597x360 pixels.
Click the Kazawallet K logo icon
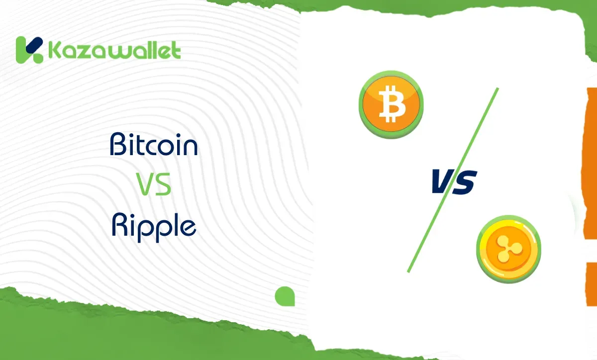[x=29, y=50]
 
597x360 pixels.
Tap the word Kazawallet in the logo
[x=114, y=50]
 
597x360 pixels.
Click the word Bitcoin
[x=154, y=145]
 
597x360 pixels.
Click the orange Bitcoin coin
[x=391, y=104]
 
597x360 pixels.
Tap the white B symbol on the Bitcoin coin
[x=391, y=104]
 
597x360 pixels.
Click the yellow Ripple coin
[x=508, y=248]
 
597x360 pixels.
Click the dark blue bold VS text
[x=453, y=181]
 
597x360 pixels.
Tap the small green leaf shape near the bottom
[x=285, y=296]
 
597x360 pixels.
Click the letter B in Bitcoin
[x=118, y=145]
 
